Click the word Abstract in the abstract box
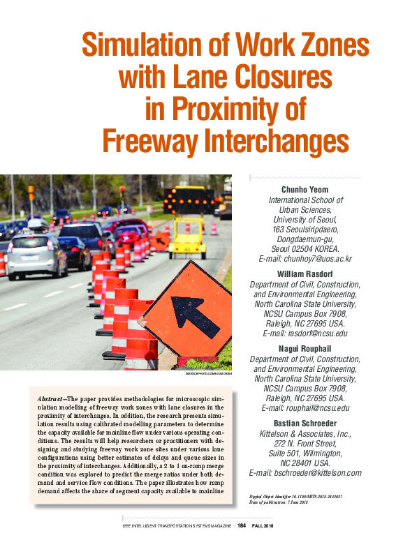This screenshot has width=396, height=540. (x=52, y=398)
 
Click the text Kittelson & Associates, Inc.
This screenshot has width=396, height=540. (x=305, y=433)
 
